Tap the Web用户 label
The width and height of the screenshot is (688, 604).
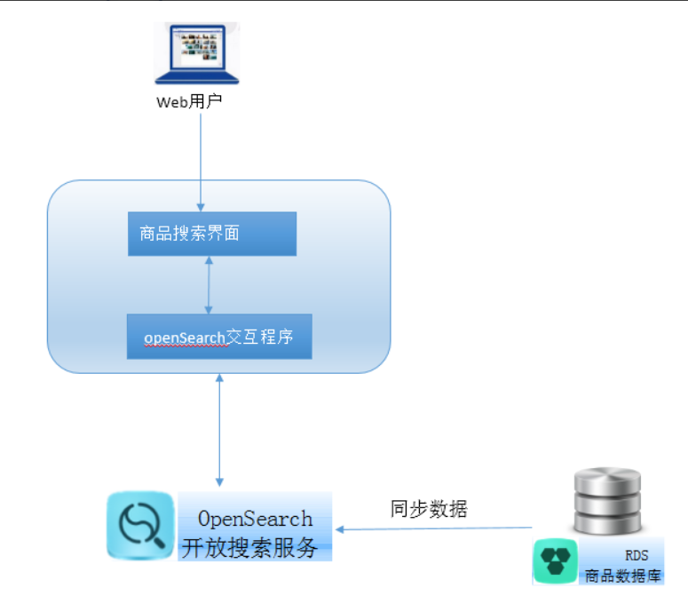pyautogui.click(x=189, y=101)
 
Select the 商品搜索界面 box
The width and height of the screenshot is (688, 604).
pyautogui.click(x=211, y=234)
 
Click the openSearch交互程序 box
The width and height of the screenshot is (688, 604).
pyautogui.click(x=219, y=337)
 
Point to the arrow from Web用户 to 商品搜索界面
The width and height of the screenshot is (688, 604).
pyautogui.click(x=202, y=160)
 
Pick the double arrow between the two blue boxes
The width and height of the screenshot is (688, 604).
pyautogui.click(x=209, y=285)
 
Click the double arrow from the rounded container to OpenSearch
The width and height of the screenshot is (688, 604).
pyautogui.click(x=218, y=430)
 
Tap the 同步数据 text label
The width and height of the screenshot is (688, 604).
pyautogui.click(x=429, y=509)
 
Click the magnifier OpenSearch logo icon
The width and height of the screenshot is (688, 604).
pyautogui.click(x=139, y=527)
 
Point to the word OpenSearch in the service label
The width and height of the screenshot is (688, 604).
pyautogui.click(x=255, y=518)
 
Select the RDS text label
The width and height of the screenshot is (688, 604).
pyautogui.click(x=637, y=555)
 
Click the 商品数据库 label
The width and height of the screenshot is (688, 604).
pyautogui.click(x=622, y=576)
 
